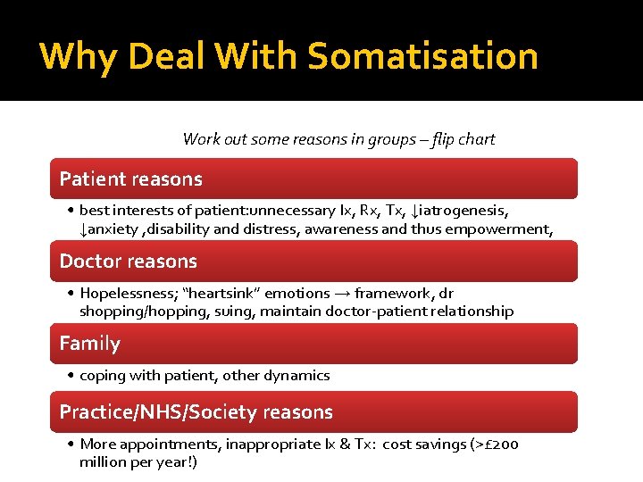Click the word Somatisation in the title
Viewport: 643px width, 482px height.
click(423, 56)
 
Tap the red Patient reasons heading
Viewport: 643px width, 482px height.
click(131, 179)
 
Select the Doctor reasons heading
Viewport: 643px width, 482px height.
click(128, 261)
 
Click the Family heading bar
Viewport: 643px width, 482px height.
click(89, 343)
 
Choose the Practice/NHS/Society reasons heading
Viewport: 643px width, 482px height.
click(196, 411)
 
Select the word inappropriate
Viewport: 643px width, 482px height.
click(269, 444)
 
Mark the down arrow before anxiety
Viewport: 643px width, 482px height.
click(83, 230)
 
